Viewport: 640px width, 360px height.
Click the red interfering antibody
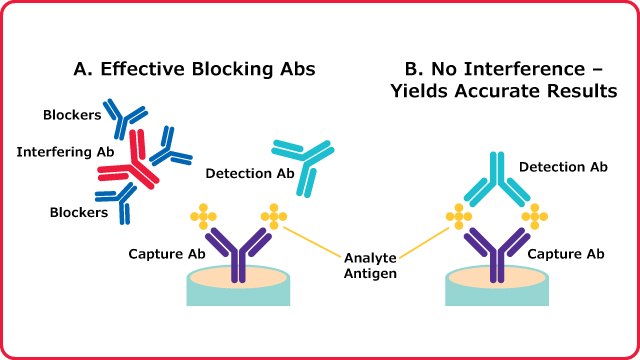coord(129,167)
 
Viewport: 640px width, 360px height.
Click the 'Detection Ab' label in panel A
coord(250,174)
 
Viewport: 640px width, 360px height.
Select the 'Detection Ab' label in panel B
coord(563,166)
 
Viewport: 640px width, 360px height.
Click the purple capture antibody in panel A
coord(238,252)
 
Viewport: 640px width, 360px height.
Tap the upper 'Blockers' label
coord(72,115)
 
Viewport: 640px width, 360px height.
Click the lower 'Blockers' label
coord(79,211)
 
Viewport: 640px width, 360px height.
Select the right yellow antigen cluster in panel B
coord(535,215)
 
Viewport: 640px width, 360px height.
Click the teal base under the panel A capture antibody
coord(238,294)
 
